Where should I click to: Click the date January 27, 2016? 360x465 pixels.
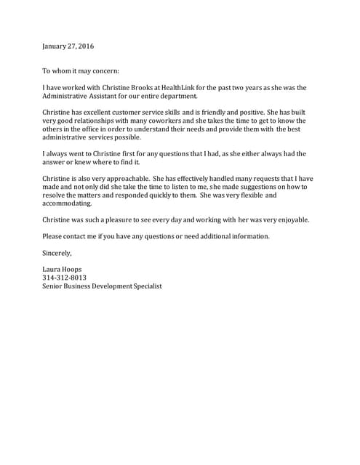coord(68,46)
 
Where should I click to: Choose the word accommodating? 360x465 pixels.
coord(68,204)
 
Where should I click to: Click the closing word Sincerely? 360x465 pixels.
coord(57,253)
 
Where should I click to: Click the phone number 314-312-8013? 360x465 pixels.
coord(65,278)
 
